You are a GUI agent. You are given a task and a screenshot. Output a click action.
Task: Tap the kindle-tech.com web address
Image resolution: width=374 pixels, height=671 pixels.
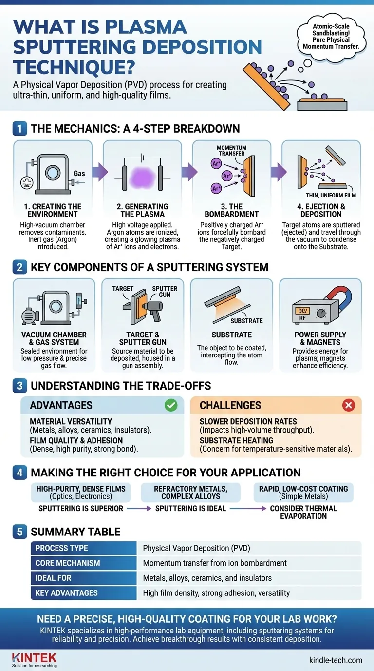coord(336,660)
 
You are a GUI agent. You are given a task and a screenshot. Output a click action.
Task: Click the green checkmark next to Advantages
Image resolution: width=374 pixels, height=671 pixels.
coord(171,405)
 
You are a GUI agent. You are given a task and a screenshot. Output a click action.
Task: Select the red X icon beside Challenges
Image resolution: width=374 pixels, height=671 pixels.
coord(349,405)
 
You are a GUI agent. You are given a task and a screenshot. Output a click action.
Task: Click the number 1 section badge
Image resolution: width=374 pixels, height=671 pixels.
coord(19,129)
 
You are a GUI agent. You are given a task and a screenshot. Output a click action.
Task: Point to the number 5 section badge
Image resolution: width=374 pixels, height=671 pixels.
coord(19,531)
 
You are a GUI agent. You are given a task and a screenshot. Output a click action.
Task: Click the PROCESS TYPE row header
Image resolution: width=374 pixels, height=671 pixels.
coord(62,548)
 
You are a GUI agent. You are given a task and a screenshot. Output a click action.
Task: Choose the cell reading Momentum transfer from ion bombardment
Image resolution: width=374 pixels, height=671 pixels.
coord(215,563)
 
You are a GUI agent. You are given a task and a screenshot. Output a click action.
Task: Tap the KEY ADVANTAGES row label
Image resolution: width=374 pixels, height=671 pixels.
coord(66,593)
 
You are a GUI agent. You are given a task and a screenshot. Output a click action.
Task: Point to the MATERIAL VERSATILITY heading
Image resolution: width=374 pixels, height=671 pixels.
coord(71,421)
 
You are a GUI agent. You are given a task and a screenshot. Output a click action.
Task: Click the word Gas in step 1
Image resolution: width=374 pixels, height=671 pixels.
coord(79,173)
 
